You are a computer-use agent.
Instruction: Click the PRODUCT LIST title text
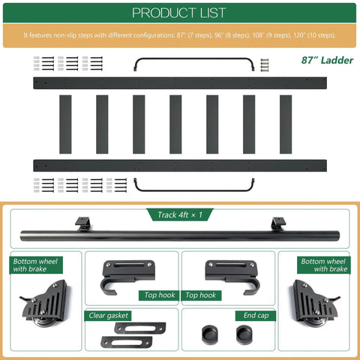click(x=179, y=13)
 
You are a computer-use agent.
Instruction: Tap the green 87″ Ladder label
click(x=327, y=60)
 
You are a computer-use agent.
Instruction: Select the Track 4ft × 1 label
click(x=180, y=214)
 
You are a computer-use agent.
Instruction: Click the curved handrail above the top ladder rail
click(x=194, y=59)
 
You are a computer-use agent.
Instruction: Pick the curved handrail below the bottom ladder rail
click(x=194, y=190)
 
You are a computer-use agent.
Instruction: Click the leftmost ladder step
click(x=65, y=124)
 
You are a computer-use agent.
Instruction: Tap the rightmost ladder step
click(x=286, y=124)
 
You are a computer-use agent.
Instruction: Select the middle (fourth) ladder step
click(x=175, y=124)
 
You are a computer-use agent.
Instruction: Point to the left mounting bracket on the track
click(x=82, y=223)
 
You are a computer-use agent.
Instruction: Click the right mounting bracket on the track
click(x=278, y=223)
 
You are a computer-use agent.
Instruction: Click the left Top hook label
click(x=160, y=295)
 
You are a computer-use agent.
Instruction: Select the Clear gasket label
click(x=108, y=316)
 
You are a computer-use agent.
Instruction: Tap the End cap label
click(x=256, y=316)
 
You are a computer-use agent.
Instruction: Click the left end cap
click(x=209, y=334)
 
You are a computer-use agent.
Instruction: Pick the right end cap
click(x=244, y=334)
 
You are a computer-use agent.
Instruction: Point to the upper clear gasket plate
click(x=140, y=328)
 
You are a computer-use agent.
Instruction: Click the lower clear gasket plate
click(x=127, y=342)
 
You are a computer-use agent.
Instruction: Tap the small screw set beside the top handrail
click(x=265, y=65)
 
